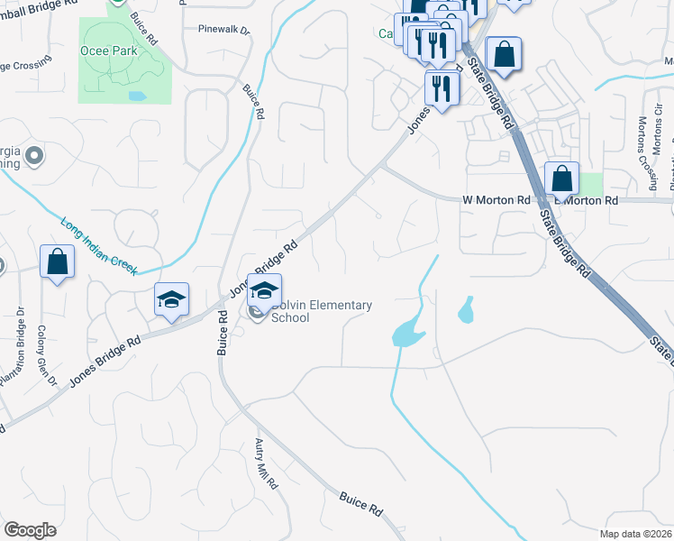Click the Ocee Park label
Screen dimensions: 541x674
[x=109, y=50]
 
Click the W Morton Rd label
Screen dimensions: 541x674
[x=496, y=199]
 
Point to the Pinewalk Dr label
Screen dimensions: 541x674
[x=223, y=29]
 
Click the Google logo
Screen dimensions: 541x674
[x=30, y=529]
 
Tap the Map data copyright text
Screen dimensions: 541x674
[x=635, y=534]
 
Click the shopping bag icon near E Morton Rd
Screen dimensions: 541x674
[x=562, y=179]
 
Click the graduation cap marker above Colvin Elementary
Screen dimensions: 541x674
[x=264, y=290]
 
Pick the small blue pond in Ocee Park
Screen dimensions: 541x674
[x=137, y=95]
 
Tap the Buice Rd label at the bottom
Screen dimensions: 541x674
[x=360, y=503]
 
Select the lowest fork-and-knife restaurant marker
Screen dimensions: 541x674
[x=442, y=88]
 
